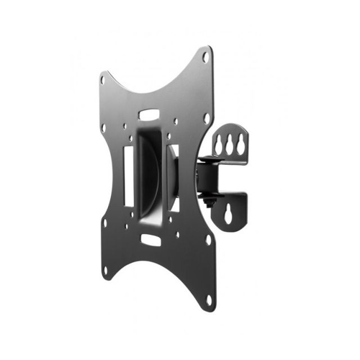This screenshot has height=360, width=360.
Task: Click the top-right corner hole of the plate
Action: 206,57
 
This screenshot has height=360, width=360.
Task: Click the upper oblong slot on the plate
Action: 149,114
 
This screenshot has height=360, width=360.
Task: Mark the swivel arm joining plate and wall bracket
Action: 204,177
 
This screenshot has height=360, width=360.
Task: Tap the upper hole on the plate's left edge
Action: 103,128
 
